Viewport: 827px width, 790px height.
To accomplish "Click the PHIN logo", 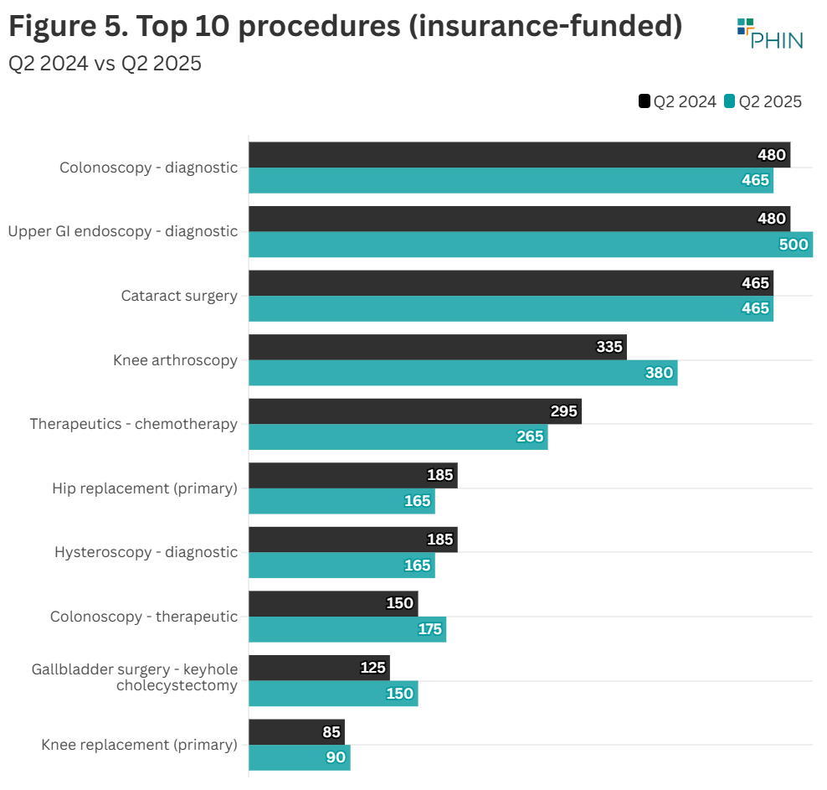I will click(769, 34).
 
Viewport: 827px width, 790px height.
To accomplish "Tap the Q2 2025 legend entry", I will click(763, 101).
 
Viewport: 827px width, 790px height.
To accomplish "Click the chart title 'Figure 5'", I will click(345, 27).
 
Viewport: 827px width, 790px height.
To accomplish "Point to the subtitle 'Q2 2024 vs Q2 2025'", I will click(105, 64).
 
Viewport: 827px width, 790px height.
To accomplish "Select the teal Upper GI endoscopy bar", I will click(531, 245).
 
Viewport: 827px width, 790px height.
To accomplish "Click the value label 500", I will click(794, 245).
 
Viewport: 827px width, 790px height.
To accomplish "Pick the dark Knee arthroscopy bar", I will click(437, 347).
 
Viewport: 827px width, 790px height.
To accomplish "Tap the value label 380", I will click(659, 373).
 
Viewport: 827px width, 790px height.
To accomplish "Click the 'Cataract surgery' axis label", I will click(179, 296).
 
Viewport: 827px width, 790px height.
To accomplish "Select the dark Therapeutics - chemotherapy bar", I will click(414, 411).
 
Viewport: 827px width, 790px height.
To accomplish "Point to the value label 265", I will click(530, 436).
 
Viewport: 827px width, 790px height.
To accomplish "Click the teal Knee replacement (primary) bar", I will click(299, 757).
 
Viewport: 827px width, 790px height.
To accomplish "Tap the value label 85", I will click(331, 732).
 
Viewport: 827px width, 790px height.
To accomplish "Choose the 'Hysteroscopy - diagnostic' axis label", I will click(146, 552).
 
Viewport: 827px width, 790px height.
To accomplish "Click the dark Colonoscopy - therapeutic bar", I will click(333, 603).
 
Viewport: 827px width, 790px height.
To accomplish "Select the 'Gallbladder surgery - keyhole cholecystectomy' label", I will click(135, 677).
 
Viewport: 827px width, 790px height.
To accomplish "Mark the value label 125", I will click(372, 668).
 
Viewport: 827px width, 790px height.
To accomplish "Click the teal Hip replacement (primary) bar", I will click(342, 501).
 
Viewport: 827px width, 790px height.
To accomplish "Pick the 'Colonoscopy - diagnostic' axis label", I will click(148, 168).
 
